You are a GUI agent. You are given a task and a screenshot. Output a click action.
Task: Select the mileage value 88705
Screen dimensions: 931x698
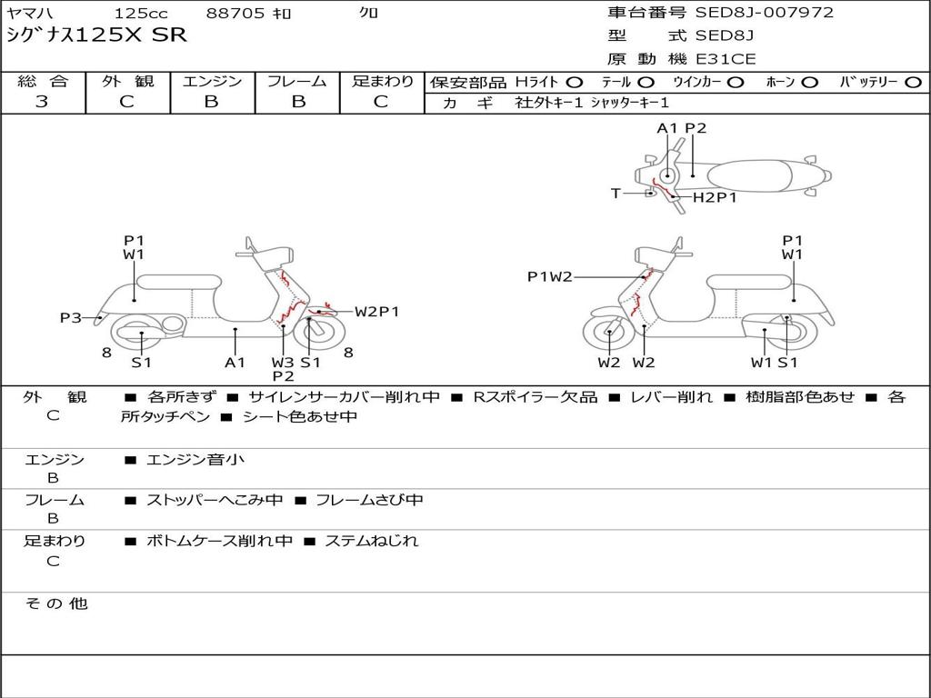tap(235, 14)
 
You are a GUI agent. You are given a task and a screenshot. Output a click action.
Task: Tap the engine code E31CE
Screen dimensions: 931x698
tap(726, 59)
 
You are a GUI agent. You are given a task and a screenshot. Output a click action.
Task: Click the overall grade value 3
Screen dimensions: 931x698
tap(42, 102)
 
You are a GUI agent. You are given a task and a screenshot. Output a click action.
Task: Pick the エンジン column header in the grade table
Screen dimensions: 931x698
tap(212, 81)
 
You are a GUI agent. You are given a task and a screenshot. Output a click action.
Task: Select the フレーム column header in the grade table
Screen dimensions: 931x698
tap(297, 81)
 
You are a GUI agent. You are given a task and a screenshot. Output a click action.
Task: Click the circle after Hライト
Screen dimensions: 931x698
tap(575, 82)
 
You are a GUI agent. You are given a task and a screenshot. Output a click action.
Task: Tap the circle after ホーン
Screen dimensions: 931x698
tap(810, 82)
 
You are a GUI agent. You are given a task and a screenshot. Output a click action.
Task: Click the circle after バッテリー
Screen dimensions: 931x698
tap(914, 82)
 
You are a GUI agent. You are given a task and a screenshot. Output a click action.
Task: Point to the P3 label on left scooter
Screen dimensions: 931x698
tap(71, 318)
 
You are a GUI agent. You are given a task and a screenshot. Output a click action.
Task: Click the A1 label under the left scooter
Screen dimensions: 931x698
tap(235, 363)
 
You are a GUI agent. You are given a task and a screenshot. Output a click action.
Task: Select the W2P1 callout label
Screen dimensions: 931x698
tap(377, 312)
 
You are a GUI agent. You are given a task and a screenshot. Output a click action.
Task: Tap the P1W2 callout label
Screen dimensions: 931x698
tap(550, 276)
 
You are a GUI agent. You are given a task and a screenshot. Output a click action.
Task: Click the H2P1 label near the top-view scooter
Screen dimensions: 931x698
tap(715, 197)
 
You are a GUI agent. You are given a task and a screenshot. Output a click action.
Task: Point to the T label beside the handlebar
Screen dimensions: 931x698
tap(616, 193)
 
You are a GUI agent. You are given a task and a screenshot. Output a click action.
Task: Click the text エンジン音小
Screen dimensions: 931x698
tap(195, 460)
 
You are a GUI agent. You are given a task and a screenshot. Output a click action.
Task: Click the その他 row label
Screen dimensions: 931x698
tap(56, 603)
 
